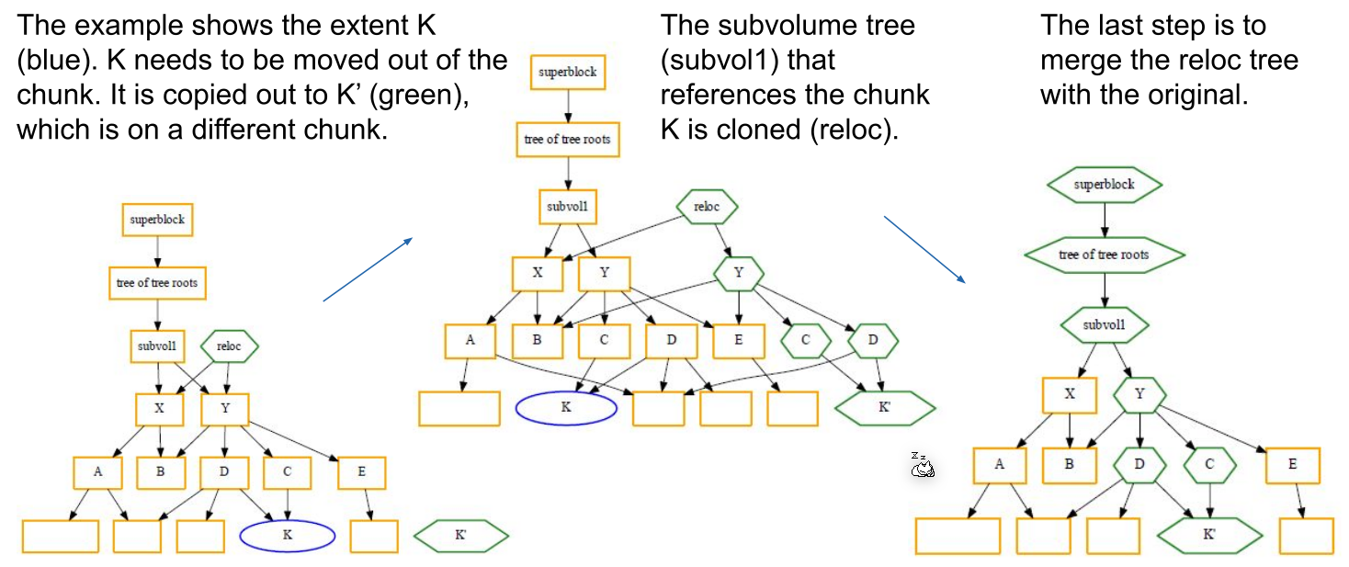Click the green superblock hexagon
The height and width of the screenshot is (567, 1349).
[1104, 185]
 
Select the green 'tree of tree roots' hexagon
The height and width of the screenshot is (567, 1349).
[1104, 255]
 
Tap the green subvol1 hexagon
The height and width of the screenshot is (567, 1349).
[1104, 324]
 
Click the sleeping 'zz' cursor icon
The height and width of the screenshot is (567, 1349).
[922, 466]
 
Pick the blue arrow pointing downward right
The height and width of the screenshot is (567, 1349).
[924, 248]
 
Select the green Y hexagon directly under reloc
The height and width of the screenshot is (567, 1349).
[740, 272]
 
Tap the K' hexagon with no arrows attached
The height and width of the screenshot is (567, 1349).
[460, 535]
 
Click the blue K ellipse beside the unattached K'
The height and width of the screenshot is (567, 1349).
[287, 536]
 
